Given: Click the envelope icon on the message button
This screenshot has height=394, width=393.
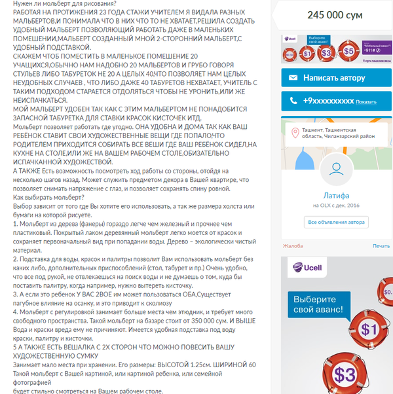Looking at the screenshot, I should pyautogui.click(x=293, y=78).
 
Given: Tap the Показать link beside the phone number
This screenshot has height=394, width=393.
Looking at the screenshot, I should pyautogui.click(x=367, y=102).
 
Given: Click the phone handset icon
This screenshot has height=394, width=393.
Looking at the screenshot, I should pyautogui.click(x=293, y=101).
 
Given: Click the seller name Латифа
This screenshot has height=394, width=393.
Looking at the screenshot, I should pyautogui.click(x=337, y=195).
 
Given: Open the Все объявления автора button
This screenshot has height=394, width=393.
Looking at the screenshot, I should pyautogui.click(x=337, y=222).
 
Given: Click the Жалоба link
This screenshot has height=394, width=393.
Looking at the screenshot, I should pyautogui.click(x=292, y=246).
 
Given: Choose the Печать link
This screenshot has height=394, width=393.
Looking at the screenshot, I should pyautogui.click(x=381, y=246).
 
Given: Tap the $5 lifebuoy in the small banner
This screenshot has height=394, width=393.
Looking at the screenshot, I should pyautogui.click(x=349, y=50).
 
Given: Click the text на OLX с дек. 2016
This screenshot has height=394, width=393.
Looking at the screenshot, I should pyautogui.click(x=337, y=206).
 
